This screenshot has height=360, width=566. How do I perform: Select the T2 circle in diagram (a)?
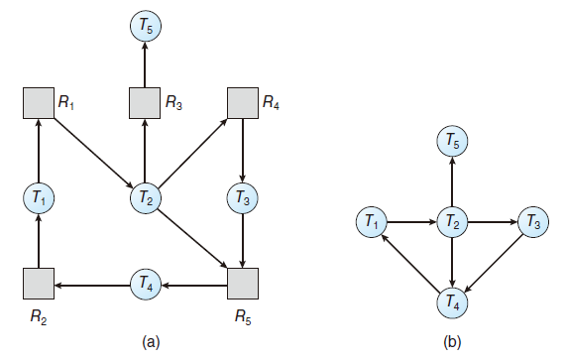coord(146,196)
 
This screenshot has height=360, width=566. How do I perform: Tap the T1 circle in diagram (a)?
coord(37,196)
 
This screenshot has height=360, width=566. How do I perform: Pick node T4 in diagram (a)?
coord(146,285)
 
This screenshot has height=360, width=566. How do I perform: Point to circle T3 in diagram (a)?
coord(243,196)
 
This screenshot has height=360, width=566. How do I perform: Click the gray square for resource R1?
coord(37,102)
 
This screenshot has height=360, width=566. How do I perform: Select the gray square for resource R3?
coord(146,102)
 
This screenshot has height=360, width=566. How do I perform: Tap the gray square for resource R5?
coord(243,285)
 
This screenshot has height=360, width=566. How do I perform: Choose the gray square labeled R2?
coord(37,285)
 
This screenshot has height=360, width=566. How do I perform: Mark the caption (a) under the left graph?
coord(151,342)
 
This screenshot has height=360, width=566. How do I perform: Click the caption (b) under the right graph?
coord(452,342)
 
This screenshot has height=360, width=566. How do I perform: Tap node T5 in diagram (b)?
coord(452,142)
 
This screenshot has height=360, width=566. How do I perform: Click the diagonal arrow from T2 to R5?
coord(194,241)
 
